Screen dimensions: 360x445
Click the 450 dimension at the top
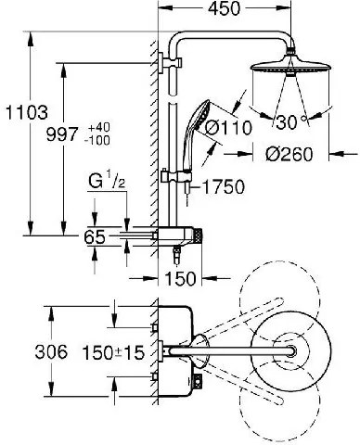click(x=224, y=8)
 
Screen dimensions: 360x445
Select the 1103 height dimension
click(x=27, y=112)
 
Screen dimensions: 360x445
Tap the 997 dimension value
click(x=62, y=134)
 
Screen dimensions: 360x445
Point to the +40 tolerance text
click(x=99, y=127)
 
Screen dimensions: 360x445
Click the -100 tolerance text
click(x=97, y=141)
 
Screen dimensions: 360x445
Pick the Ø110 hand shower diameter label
click(x=228, y=127)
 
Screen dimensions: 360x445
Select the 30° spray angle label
click(x=290, y=121)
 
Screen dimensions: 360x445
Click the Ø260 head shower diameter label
click(x=289, y=154)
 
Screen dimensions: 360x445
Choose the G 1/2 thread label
click(x=107, y=182)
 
